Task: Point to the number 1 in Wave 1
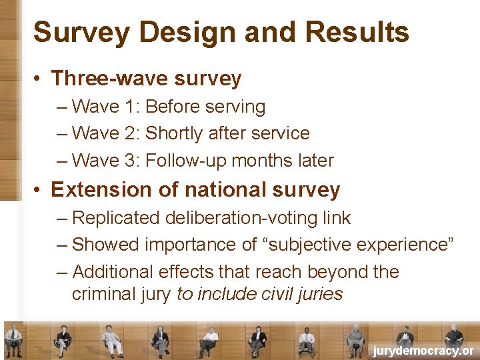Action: pyautogui.click(x=132, y=107)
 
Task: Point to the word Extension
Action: pyautogui.click(x=99, y=190)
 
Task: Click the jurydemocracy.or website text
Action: pyautogui.click(x=423, y=351)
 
